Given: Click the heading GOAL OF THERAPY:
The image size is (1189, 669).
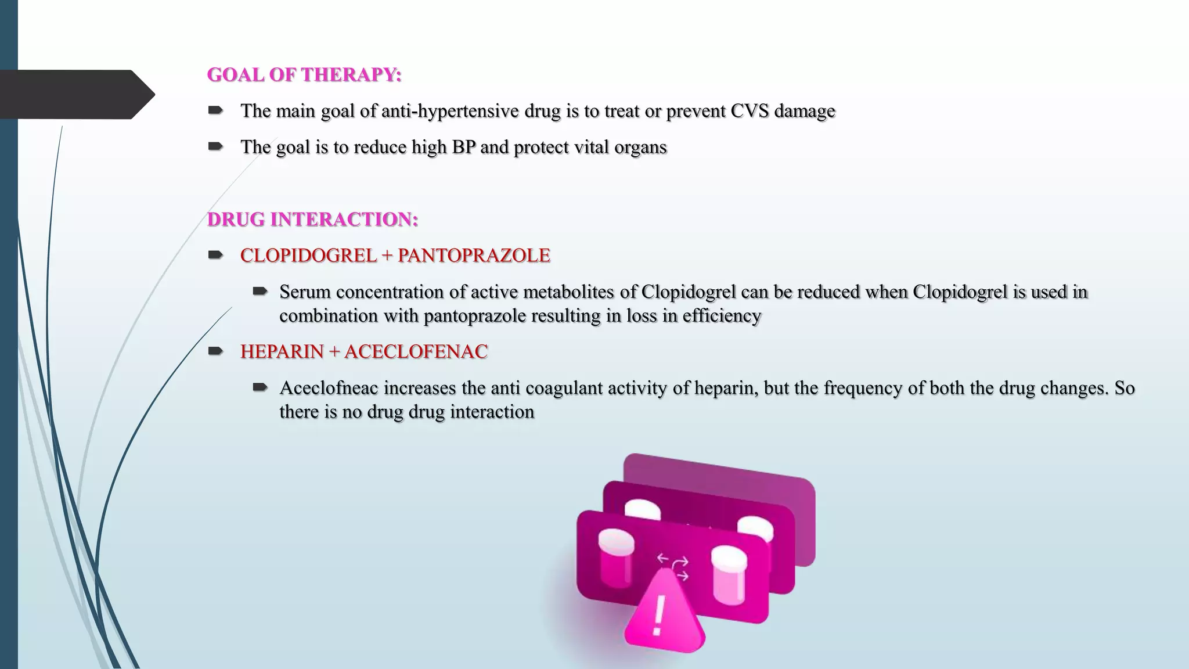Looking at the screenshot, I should pos(304,75).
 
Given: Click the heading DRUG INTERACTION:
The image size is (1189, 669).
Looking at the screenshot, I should pos(312,220).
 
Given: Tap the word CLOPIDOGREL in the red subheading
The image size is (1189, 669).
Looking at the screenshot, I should pos(308,256).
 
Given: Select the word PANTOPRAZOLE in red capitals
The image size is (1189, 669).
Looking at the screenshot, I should pos(474,256).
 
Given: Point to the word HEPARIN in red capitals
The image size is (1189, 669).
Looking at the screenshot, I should pos(282,352).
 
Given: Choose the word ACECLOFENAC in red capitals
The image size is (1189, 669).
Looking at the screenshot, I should pos(416,352).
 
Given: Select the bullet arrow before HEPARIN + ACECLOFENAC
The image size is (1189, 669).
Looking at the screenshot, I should pos(215,351).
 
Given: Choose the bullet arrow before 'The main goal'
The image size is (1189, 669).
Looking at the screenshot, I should pos(215,110).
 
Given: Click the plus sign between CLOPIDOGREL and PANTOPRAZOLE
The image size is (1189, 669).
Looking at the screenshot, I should pos(387,256).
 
